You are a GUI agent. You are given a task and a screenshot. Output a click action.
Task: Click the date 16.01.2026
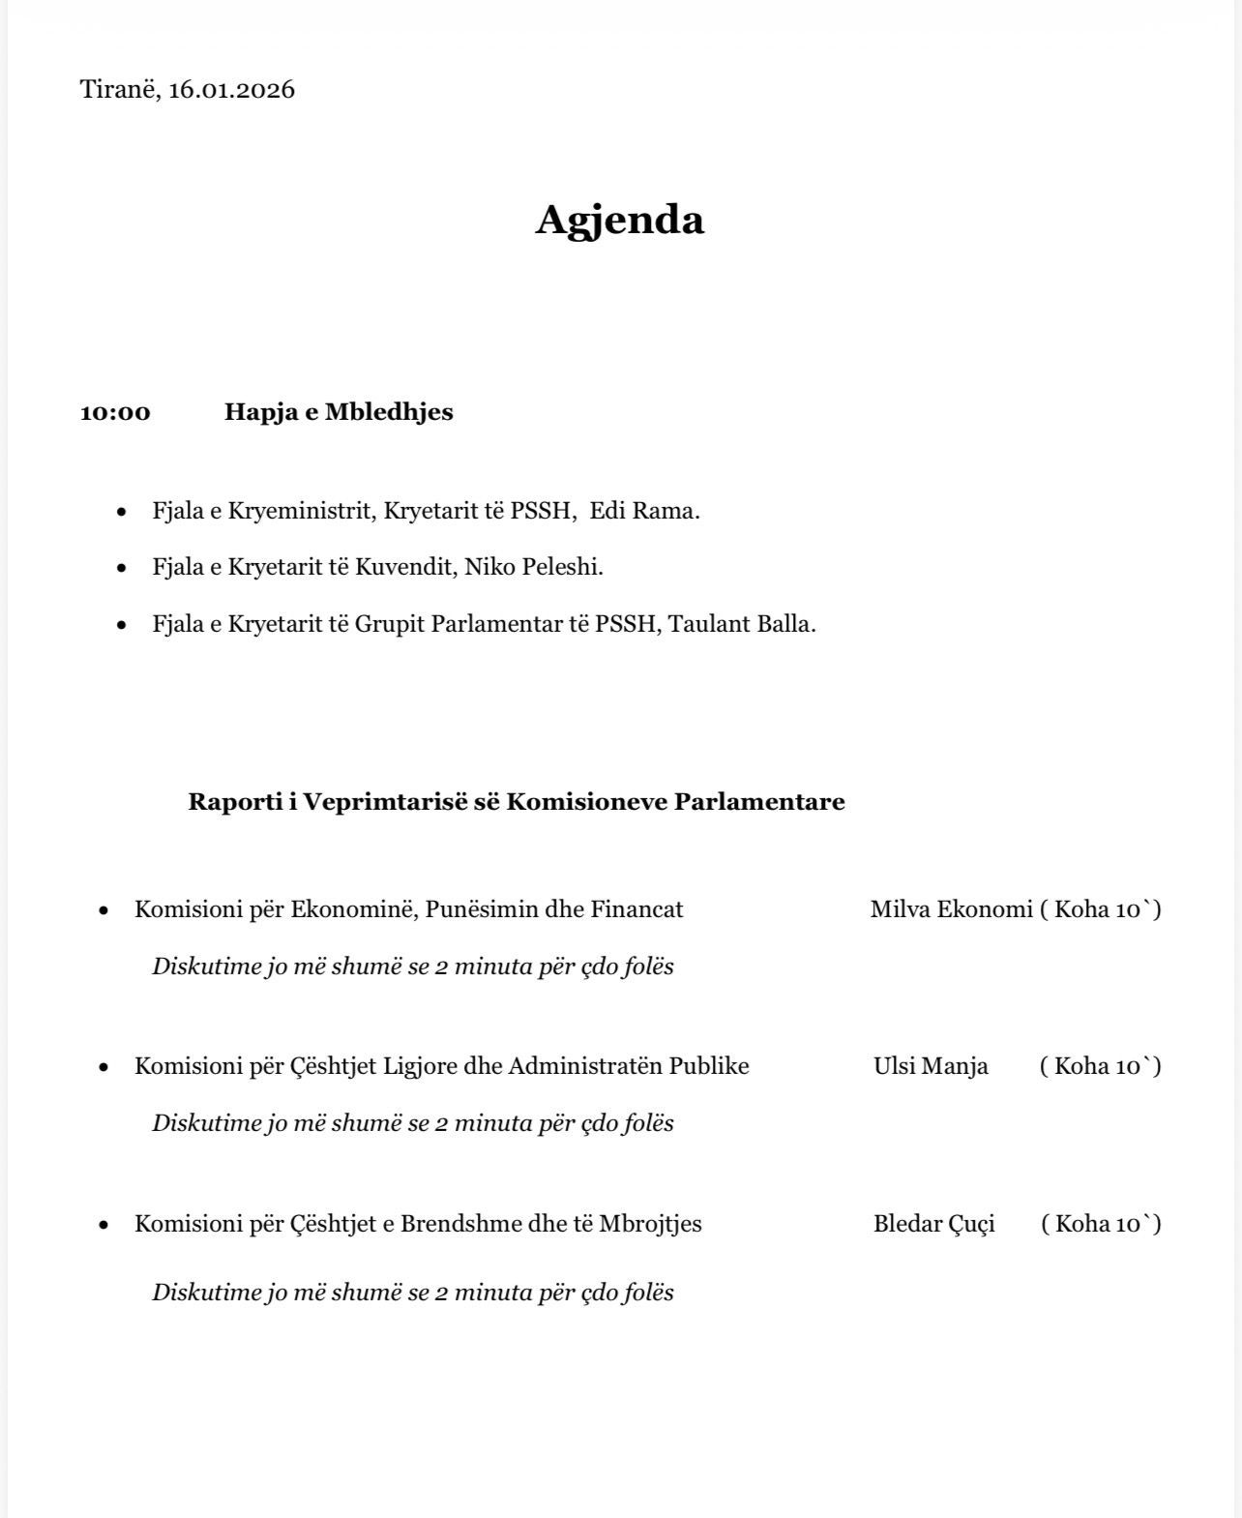pos(231,90)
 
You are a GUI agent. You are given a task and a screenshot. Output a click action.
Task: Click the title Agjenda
pos(620,221)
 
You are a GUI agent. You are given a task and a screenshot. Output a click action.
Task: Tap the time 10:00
pos(115,412)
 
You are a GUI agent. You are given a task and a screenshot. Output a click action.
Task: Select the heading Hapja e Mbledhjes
pos(339,412)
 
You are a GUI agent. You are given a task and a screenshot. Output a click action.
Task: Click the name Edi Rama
pos(644,511)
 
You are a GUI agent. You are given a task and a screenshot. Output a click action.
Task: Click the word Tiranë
pos(119,90)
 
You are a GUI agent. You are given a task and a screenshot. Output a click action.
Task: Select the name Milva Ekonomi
pos(951,909)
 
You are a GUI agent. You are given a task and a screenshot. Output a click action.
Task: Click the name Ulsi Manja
pos(931,1066)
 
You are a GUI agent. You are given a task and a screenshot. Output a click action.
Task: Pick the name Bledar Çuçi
pos(933,1224)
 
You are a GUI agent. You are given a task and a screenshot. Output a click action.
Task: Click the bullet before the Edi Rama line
pos(121,512)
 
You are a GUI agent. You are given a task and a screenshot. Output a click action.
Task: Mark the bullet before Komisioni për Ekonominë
pos(103,910)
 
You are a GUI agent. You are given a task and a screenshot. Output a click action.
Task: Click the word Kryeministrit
pos(300,511)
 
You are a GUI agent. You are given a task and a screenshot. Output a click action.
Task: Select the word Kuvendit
pos(405,567)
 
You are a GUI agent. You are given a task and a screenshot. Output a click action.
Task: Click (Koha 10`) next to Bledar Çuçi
pos(1101,1224)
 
